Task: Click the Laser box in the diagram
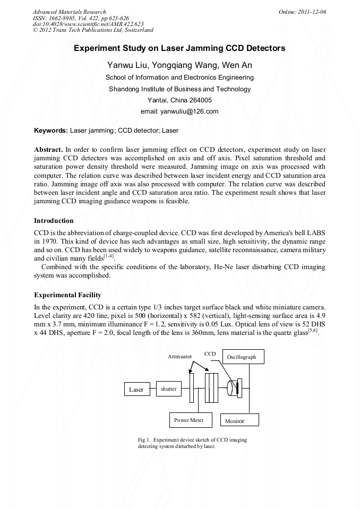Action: tap(137, 389)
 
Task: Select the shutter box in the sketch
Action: tap(169, 389)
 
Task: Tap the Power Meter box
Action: tap(188, 420)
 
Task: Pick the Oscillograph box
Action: tap(242, 357)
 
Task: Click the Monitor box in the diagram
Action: tap(235, 421)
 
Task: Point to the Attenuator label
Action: tap(180, 356)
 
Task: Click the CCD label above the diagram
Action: tap(210, 353)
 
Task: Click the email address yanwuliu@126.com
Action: tap(179, 111)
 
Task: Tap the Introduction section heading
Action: tap(54, 220)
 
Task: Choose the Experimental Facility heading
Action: tap(67, 295)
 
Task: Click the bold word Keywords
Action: tap(50, 130)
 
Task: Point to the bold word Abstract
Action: tap(49, 150)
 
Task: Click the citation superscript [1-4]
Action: tap(108, 255)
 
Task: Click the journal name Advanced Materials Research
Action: tap(69, 12)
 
